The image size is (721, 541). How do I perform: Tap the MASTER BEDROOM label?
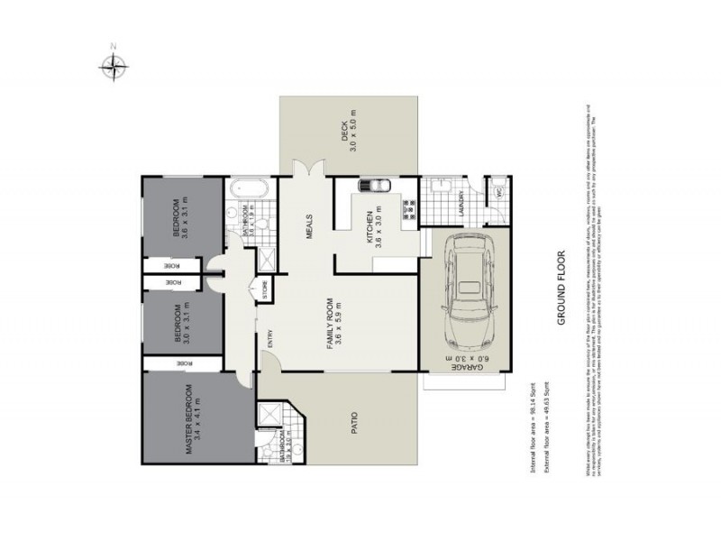click(189, 419)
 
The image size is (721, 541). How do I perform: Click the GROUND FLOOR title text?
click(559, 288)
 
